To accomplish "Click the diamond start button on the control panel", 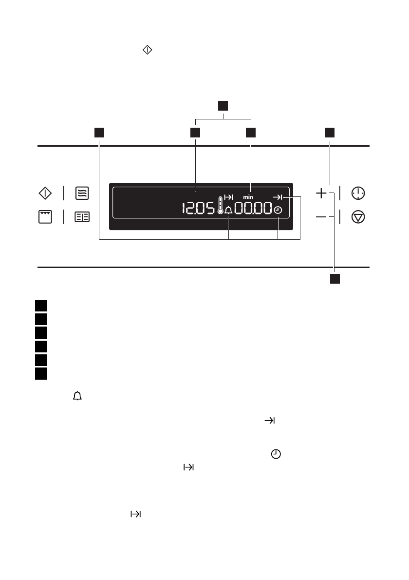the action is (x=45, y=193).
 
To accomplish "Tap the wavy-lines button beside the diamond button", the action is (x=82, y=193).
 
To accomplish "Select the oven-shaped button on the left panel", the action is (x=45, y=217).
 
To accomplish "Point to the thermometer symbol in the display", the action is (x=221, y=206).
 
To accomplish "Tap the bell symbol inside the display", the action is (x=228, y=210).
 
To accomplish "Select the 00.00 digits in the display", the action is (x=253, y=210).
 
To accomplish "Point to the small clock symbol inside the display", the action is (x=278, y=210).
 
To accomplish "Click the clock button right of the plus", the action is (x=358, y=193).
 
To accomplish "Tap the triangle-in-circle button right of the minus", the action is (x=358, y=217).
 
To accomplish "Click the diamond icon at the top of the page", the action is (x=148, y=50).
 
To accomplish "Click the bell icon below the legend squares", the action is (x=77, y=397).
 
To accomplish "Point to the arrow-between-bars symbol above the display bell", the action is (x=228, y=197).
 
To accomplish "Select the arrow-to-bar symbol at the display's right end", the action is (x=278, y=197).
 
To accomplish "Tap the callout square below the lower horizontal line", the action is (x=335, y=279).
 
